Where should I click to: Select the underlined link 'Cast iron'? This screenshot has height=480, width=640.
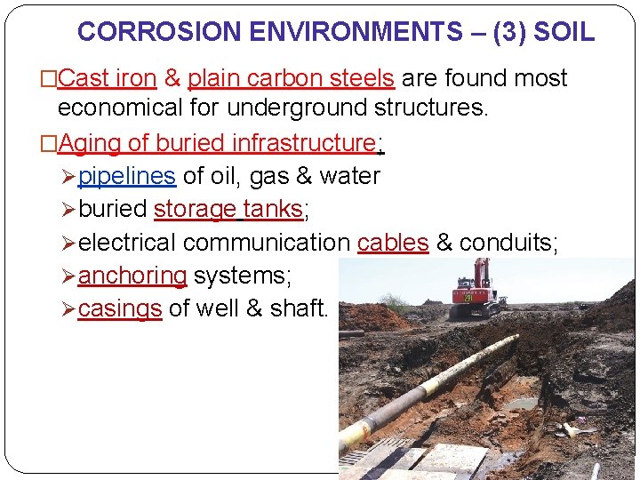(x=107, y=79)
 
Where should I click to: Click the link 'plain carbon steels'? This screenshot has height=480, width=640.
(x=292, y=79)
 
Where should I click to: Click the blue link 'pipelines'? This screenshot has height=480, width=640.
(x=127, y=176)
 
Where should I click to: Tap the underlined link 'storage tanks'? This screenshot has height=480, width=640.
(x=228, y=210)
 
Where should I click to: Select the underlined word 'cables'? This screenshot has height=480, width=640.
(x=393, y=243)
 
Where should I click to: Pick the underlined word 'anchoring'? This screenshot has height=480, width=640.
(x=132, y=276)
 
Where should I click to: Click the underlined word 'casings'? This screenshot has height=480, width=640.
(x=120, y=309)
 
